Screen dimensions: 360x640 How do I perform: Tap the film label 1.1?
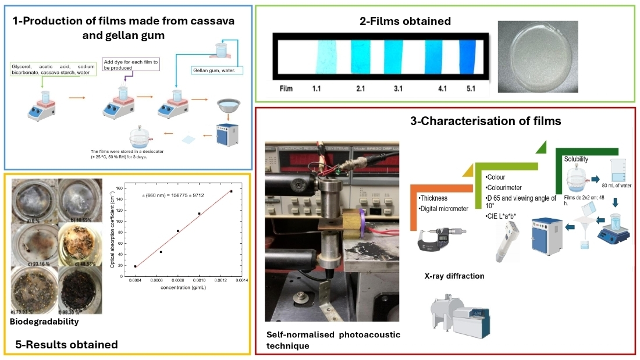coord(317,89)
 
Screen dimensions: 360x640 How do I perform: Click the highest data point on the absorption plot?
coord(231,191)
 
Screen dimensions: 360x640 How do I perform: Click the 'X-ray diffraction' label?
coord(454,276)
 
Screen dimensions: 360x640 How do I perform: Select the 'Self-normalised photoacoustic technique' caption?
coord(333,340)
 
